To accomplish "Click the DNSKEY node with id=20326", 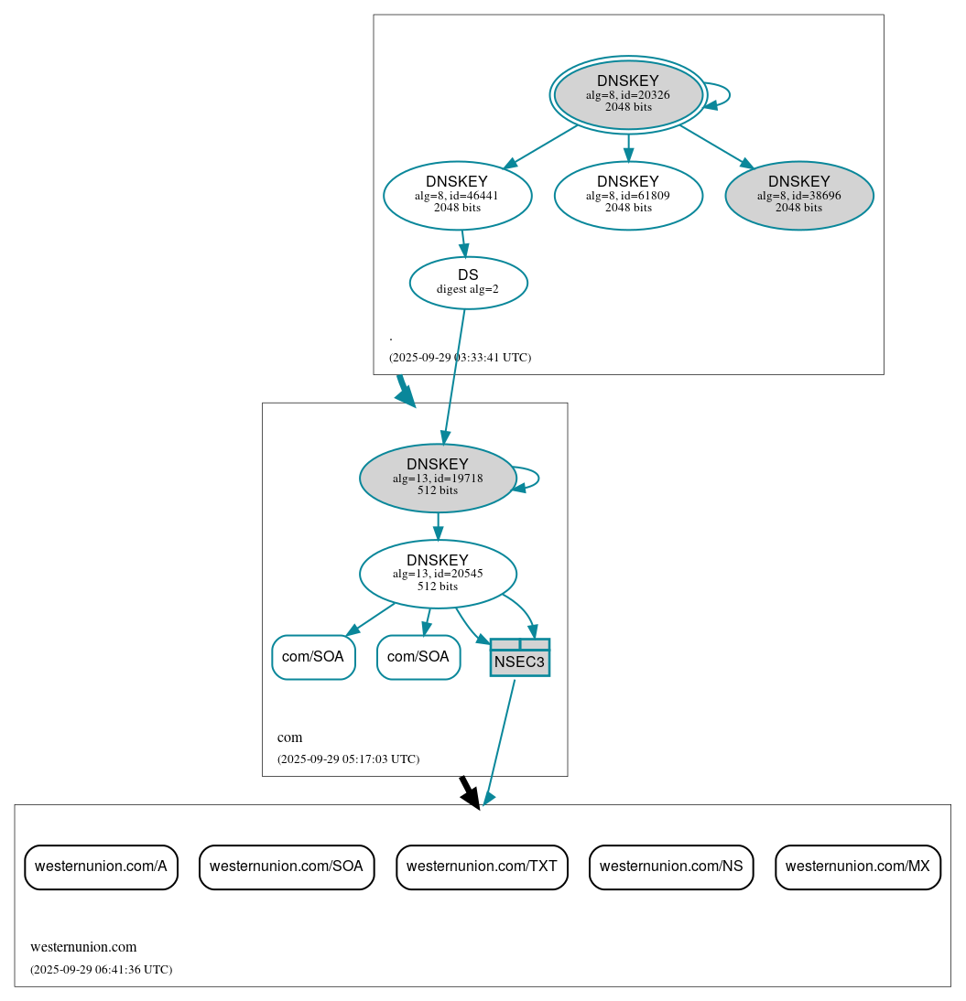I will pos(628,94).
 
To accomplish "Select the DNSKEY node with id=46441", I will pos(457,195).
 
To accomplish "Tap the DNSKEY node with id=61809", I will pos(628,195).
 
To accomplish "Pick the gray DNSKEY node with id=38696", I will pos(798,195).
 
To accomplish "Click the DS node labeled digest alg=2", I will pos(468,283).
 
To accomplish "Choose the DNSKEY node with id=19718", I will pos(438,478).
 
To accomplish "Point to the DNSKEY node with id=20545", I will pos(438,574).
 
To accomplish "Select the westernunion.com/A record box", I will pos(101,866).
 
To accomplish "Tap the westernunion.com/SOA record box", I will pos(287,866).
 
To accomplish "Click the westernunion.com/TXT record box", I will pos(482,866).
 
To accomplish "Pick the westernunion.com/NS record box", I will pos(671,866).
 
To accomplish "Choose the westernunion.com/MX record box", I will pos(857,866).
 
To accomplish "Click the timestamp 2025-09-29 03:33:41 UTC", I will pos(460,358).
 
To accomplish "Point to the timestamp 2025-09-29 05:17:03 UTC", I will pos(348,759).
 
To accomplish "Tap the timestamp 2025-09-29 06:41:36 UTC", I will pos(101,969).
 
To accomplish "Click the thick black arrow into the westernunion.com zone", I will pos(469,792).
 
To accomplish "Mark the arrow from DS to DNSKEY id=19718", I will pos(454,376).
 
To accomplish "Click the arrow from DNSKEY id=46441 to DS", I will pos(463,243).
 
